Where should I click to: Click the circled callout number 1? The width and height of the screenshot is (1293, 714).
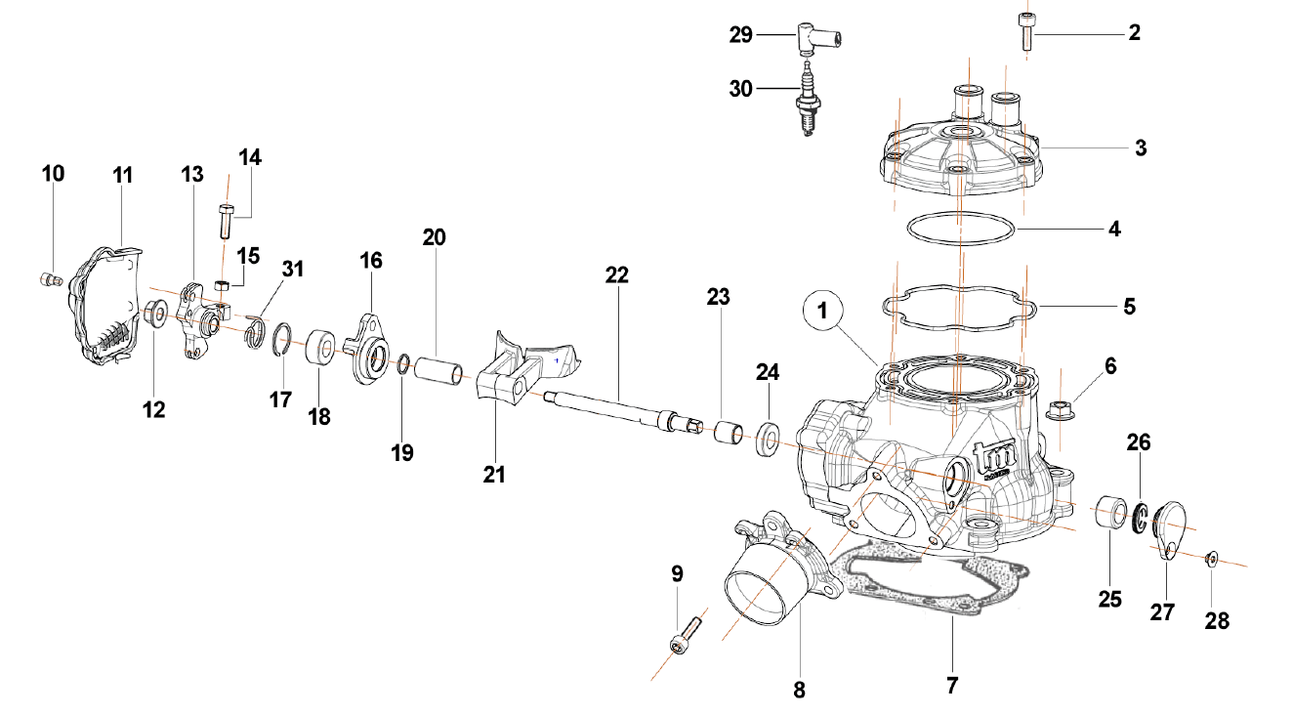pos(822,311)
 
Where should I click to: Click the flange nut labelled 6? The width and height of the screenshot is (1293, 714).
pos(1061,408)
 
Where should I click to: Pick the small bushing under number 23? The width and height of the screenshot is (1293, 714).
pos(728,434)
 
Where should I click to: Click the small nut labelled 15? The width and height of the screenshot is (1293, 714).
pos(223,284)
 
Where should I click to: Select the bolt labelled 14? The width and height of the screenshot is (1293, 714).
pos(226,221)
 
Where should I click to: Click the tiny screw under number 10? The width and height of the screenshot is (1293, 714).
pos(50,279)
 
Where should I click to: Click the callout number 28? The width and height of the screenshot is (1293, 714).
pos(1216,620)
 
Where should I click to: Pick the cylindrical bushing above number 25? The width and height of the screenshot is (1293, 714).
pos(1110,512)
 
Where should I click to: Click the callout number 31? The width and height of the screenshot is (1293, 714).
pos(293,269)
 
